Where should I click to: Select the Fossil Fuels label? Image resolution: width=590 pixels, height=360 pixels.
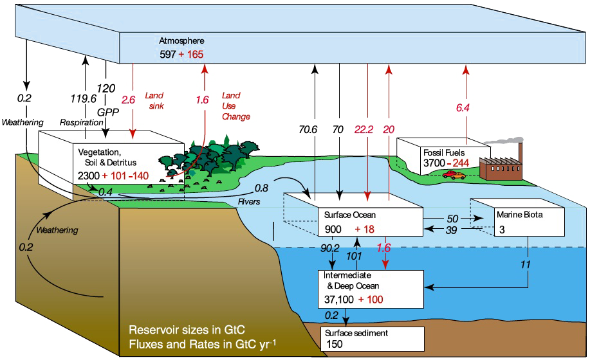(441, 152)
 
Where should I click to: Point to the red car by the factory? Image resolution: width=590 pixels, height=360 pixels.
(454, 174)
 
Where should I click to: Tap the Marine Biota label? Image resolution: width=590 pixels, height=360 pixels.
(518, 215)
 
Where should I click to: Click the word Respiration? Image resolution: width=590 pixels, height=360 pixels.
(78, 122)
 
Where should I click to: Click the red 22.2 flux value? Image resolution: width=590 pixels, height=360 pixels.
(364, 129)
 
